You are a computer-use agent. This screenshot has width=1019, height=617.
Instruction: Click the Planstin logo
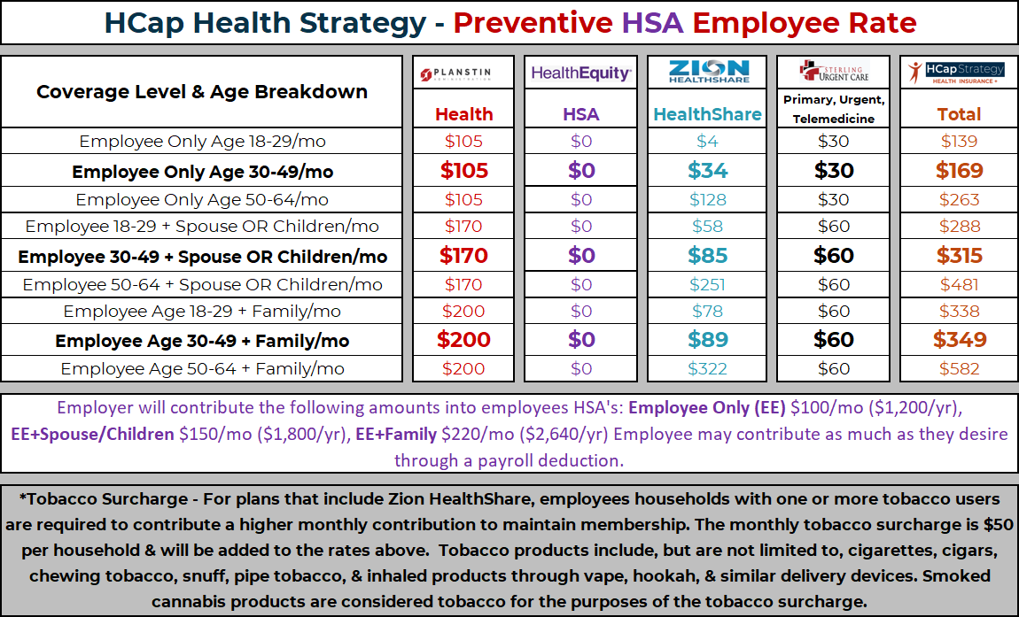click(463, 74)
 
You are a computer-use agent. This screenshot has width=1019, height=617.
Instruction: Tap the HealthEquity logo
click(581, 73)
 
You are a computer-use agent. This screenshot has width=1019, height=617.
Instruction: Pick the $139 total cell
click(960, 142)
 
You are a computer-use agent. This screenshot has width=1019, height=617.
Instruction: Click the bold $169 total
click(960, 171)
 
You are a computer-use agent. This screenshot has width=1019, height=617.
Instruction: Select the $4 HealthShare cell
click(707, 142)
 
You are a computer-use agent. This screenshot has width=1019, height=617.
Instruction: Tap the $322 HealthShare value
click(707, 369)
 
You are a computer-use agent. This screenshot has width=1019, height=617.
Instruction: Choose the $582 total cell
click(960, 369)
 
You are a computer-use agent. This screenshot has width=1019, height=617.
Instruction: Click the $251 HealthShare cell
click(707, 284)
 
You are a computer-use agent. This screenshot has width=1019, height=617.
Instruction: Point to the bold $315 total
click(960, 255)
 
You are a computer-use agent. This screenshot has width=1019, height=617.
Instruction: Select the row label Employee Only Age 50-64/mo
click(202, 200)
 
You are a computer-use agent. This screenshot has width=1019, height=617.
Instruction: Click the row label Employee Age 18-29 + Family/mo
click(202, 311)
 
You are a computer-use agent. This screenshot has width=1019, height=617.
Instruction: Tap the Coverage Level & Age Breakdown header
click(202, 91)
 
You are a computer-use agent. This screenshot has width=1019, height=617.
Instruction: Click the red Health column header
click(463, 114)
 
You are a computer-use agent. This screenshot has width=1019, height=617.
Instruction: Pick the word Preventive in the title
click(533, 23)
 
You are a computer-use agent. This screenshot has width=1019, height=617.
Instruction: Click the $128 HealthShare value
click(707, 200)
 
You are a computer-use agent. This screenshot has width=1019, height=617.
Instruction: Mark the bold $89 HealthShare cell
click(707, 340)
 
